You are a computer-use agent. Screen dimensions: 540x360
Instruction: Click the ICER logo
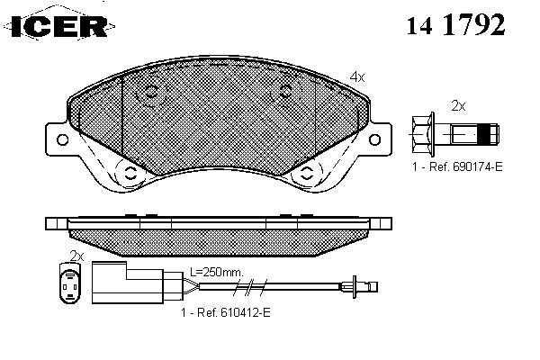pos(59,25)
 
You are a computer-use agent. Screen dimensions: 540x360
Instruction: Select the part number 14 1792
pos(455,24)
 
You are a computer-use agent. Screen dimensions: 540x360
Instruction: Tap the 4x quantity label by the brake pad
pos(357,76)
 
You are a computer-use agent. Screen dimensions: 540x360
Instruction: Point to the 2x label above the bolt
pos(458,106)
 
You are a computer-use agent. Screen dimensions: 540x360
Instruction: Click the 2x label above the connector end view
pos(76,256)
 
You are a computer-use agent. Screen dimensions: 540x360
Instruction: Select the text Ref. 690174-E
pos(465,166)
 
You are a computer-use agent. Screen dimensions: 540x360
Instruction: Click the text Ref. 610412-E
pos(234,312)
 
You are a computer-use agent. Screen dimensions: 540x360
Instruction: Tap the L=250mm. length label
pos(217,272)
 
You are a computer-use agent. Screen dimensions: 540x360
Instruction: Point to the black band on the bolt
pos(484,133)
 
